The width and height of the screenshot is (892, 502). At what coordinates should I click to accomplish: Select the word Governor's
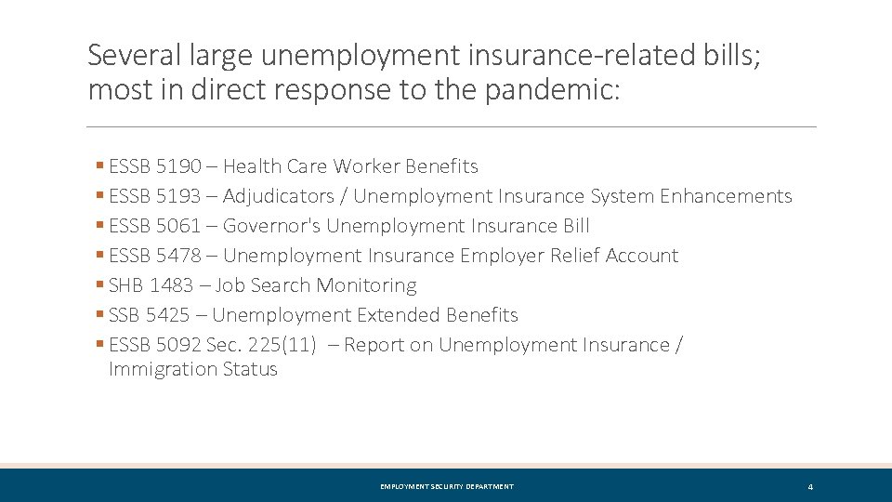(271, 226)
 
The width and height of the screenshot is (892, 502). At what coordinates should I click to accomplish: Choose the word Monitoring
(366, 285)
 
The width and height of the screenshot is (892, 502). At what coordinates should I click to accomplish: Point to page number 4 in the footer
(810, 487)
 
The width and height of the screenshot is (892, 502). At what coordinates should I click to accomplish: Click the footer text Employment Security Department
(446, 486)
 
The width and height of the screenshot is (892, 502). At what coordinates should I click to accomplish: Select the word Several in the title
(123, 56)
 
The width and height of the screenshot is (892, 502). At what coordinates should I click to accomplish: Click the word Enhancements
(726, 196)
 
